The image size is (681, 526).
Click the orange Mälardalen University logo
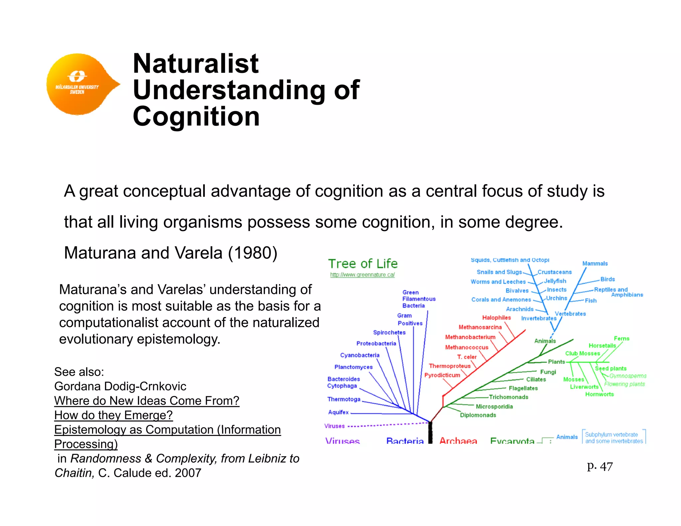(x=80, y=84)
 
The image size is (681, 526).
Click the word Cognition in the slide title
(x=196, y=117)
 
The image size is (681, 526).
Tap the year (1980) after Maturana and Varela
(x=253, y=253)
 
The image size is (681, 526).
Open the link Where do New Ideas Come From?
(x=147, y=401)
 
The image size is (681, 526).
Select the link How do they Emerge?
(x=113, y=415)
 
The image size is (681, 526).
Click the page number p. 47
(x=600, y=466)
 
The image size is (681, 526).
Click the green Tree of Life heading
(x=363, y=264)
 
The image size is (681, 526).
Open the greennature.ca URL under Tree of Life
(x=362, y=275)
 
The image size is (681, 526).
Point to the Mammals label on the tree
(x=595, y=264)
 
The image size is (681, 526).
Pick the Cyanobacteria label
(x=359, y=355)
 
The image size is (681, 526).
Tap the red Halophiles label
(x=496, y=318)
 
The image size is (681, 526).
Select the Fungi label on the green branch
(x=548, y=372)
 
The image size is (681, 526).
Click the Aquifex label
(x=338, y=412)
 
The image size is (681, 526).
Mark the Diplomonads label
(x=478, y=415)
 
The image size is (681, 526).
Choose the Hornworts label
(x=599, y=394)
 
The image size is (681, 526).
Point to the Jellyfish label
(x=555, y=281)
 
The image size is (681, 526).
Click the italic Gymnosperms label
(x=628, y=376)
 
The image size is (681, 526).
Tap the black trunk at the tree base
(x=430, y=432)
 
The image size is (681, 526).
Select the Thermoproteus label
(x=450, y=366)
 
